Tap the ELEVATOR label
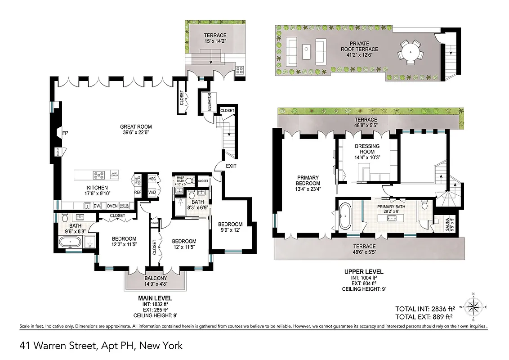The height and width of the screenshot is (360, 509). [210, 102]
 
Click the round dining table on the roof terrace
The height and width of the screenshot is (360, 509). [410, 52]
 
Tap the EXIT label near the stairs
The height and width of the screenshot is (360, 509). [231, 166]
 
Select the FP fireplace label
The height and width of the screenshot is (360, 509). [65, 133]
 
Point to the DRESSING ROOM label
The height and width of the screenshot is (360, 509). [367, 149]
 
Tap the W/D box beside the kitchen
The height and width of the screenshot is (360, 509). [152, 191]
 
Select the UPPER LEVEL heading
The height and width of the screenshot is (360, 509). [364, 271]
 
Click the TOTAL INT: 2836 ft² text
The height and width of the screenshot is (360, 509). [425, 309]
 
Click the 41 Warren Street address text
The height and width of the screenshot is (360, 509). [101, 346]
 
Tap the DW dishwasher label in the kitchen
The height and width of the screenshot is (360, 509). [96, 206]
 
